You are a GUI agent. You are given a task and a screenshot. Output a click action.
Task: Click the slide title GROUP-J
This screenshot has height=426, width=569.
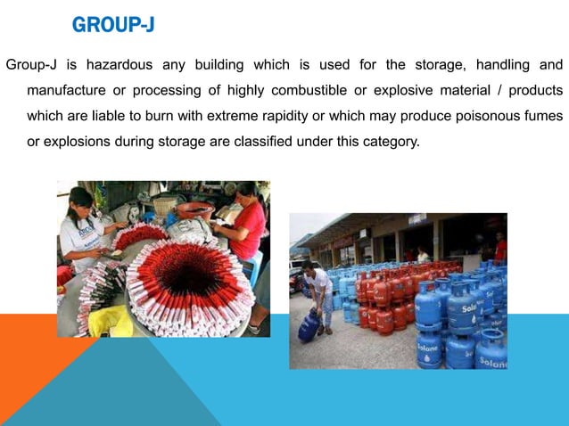click(113, 25)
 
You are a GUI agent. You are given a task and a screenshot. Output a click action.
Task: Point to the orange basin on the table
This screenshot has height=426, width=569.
click(194, 211)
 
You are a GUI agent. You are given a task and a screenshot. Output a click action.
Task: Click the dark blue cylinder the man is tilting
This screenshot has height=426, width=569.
click(309, 326)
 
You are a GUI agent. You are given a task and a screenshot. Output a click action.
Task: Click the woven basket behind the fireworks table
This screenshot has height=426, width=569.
click(164, 205)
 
